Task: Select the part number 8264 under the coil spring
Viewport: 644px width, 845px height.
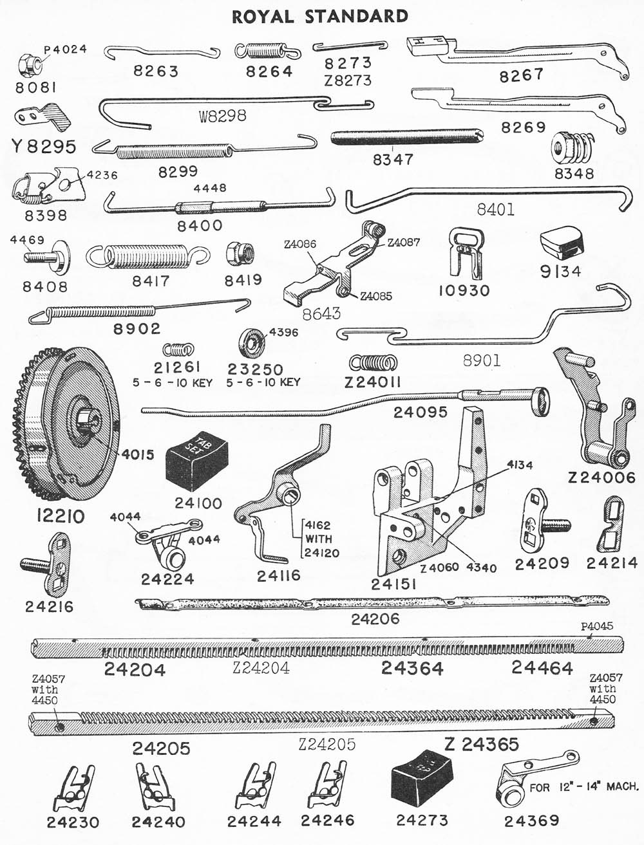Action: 269,71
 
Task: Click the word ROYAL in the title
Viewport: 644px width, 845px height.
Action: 263,17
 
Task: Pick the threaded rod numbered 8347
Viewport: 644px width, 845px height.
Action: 407,137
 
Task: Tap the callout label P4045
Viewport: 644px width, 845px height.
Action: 597,626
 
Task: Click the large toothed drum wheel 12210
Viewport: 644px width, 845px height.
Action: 67,427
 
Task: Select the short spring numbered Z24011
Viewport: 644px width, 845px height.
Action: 374,362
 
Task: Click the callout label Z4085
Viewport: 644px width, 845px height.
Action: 375,296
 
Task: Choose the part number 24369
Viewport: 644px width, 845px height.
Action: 531,821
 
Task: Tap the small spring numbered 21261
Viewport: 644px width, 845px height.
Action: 178,349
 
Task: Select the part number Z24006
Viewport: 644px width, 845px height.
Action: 601,478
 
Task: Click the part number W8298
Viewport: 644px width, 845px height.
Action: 223,115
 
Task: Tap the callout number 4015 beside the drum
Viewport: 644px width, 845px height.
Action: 138,454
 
